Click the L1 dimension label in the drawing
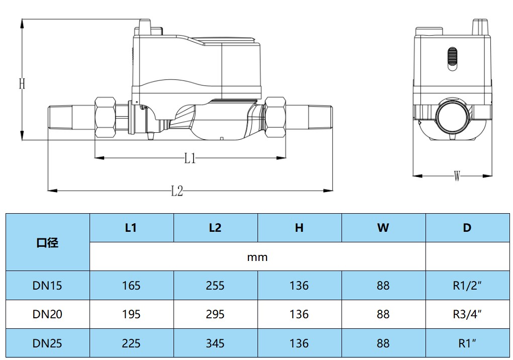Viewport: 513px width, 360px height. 190,158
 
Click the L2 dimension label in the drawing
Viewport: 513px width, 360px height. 177,191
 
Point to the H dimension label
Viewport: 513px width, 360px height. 22,84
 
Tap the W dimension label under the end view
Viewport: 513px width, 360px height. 457,176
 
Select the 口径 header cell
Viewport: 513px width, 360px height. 47,243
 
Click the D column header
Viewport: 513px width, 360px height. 467,228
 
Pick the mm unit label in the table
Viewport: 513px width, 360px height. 257,257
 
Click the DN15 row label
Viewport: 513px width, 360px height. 47,286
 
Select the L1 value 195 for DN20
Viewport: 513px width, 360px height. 131,315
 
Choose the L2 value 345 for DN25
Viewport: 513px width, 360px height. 215,343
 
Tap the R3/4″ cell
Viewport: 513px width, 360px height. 467,314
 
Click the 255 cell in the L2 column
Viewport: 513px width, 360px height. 215,286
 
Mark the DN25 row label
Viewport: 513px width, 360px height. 47,343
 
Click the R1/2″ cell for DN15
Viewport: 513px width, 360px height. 467,286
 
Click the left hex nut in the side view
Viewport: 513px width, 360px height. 105,117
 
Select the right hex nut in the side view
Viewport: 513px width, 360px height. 275,117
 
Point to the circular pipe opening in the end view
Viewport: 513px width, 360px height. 453,117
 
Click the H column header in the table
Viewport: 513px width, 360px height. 299,228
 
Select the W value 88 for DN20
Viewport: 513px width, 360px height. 383,315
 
